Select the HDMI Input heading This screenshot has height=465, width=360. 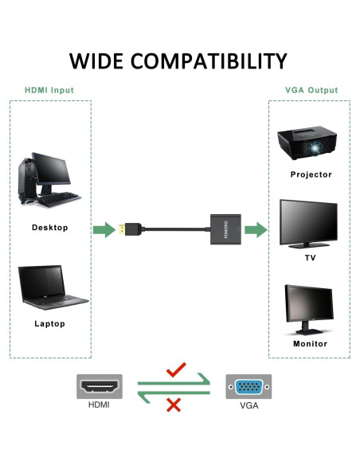coord(49,91)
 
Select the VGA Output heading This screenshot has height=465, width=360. coord(311,91)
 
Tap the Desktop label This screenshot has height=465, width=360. coord(49,227)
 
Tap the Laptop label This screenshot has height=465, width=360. coord(49,324)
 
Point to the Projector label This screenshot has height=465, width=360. coord(311,174)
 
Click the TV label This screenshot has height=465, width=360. coord(311,258)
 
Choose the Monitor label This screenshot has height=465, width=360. coord(311,344)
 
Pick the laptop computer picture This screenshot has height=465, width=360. coord(52,287)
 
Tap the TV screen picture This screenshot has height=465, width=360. coord(311,224)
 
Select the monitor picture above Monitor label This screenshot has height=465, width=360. coord(311,310)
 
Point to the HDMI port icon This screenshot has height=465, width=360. coord(99,388)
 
